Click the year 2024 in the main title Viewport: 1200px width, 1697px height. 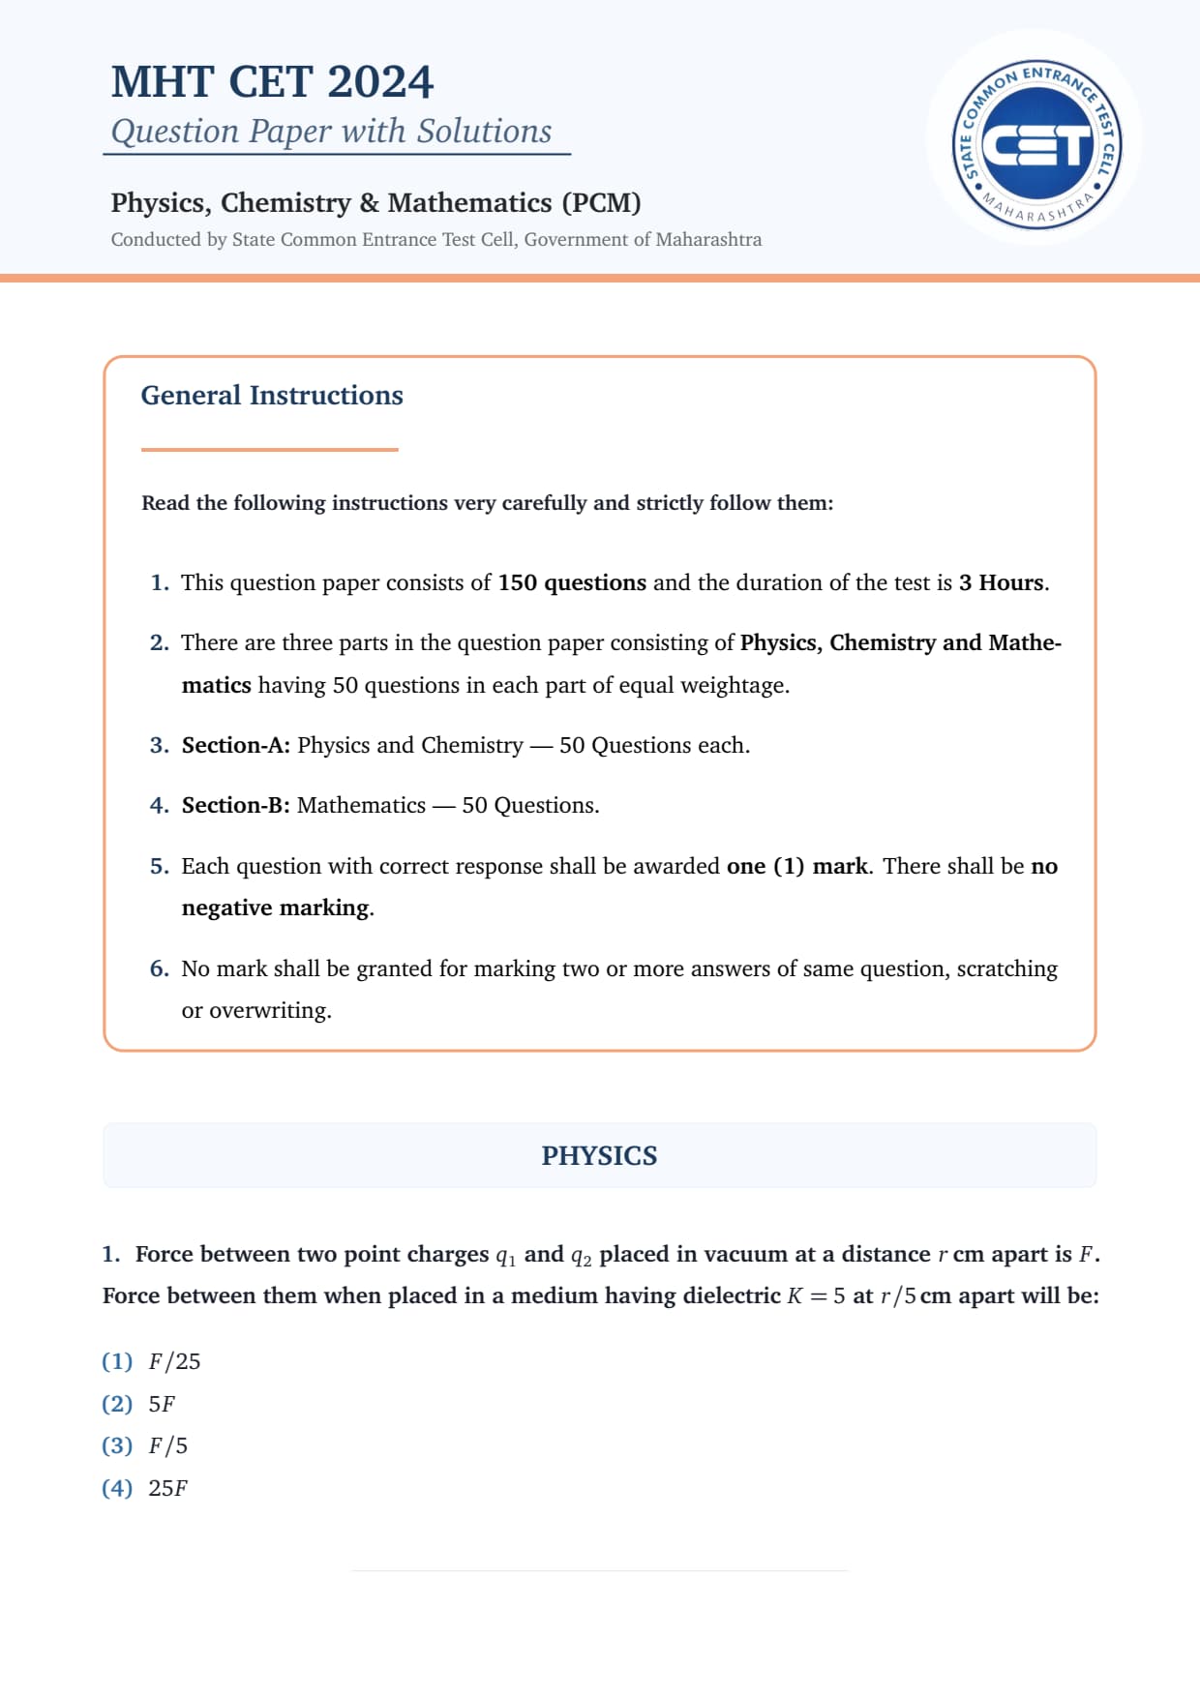(x=380, y=82)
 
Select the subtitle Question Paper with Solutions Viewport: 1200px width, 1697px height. (x=331, y=132)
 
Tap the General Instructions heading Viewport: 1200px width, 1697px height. (x=272, y=396)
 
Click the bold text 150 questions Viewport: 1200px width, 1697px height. (x=572, y=583)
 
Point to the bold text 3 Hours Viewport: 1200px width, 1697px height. (x=1002, y=583)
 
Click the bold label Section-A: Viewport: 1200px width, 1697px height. (x=235, y=746)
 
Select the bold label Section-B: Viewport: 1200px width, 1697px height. (x=235, y=806)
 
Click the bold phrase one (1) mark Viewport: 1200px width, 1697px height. (x=797, y=867)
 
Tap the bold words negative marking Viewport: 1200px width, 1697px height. (x=276, y=908)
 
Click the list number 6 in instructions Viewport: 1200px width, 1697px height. (x=159, y=969)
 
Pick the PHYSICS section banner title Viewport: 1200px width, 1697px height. (x=599, y=1156)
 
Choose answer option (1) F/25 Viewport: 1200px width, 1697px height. (x=152, y=1362)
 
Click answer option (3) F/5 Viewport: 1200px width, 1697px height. (x=146, y=1446)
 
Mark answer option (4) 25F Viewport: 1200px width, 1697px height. (x=146, y=1489)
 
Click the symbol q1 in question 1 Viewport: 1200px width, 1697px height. (x=505, y=1257)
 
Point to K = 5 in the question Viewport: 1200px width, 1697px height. (x=816, y=1297)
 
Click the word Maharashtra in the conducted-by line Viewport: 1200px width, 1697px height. (x=708, y=240)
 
